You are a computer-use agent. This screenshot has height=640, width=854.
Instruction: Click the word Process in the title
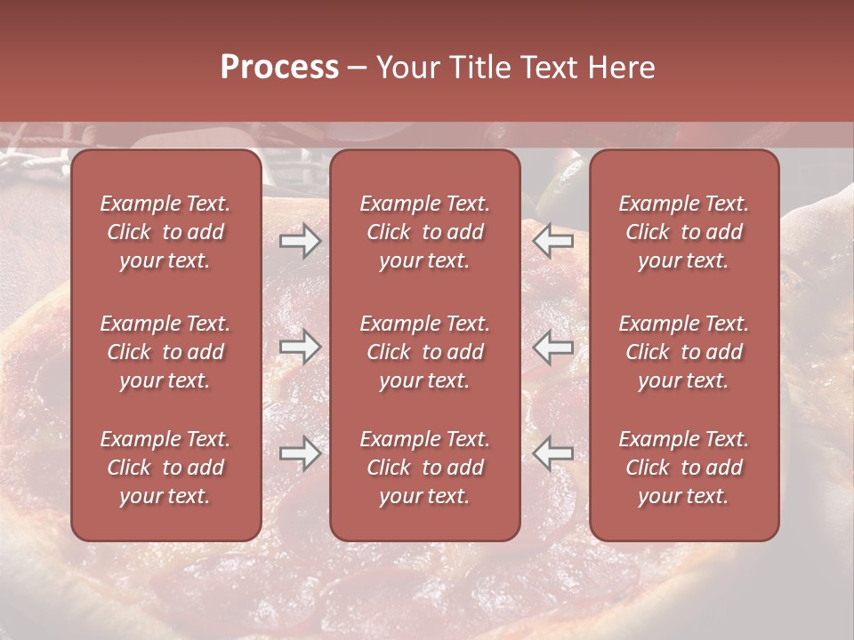pyautogui.click(x=279, y=68)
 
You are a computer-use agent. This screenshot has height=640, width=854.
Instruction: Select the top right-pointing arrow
pyautogui.click(x=300, y=241)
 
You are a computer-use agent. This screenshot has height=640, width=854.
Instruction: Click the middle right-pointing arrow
pyautogui.click(x=300, y=347)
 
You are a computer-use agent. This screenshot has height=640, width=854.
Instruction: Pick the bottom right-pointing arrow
pyautogui.click(x=300, y=453)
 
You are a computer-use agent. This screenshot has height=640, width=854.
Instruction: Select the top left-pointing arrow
pyautogui.click(x=552, y=241)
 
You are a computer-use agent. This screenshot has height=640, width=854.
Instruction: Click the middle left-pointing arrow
pyautogui.click(x=552, y=347)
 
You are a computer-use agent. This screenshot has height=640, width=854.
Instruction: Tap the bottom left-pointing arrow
pyautogui.click(x=552, y=453)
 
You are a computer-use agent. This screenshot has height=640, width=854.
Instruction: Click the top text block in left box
pyautogui.click(x=165, y=232)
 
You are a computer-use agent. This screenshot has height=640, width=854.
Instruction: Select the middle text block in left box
pyautogui.click(x=165, y=352)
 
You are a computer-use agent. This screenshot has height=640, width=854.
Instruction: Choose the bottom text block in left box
pyautogui.click(x=165, y=468)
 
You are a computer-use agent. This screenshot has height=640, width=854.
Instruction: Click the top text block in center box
pyautogui.click(x=424, y=232)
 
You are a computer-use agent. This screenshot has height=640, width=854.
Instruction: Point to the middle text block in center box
pyautogui.click(x=424, y=352)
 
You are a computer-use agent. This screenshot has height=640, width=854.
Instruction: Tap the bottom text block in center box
pyautogui.click(x=424, y=468)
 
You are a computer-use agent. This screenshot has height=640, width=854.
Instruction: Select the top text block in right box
pyautogui.click(x=683, y=232)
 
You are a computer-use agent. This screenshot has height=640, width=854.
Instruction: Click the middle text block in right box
pyautogui.click(x=683, y=352)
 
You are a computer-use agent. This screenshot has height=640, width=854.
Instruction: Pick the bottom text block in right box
pyautogui.click(x=683, y=468)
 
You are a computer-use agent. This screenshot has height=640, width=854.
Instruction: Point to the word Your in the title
pyautogui.click(x=406, y=68)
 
